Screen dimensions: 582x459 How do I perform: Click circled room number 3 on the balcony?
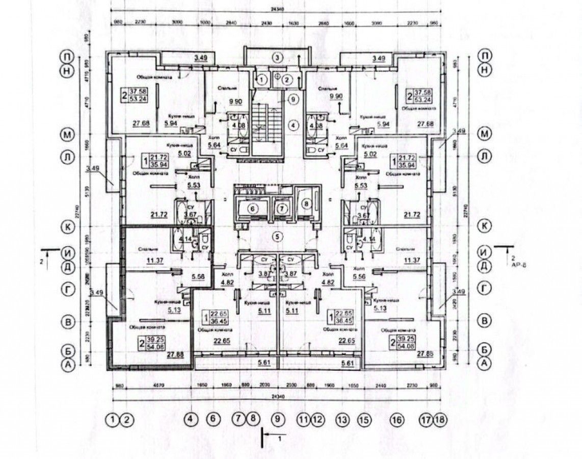point(277,57)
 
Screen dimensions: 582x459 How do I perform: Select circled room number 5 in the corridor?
point(277,237)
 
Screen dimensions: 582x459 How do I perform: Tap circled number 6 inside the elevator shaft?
point(251,208)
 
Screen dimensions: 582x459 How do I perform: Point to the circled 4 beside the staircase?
point(293,123)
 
